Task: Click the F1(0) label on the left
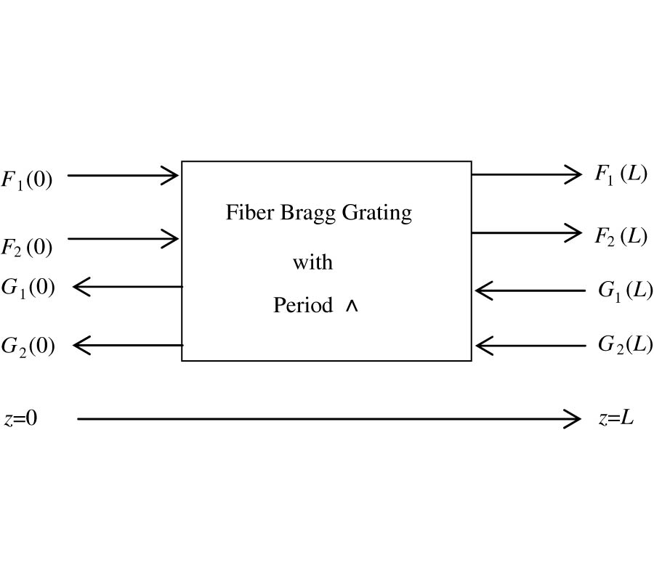tap(26, 179)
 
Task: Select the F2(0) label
tap(26, 247)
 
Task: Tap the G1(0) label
tap(28, 287)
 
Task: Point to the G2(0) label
tap(28, 346)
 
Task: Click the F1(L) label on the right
tap(621, 174)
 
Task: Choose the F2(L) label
tap(621, 236)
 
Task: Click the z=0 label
tap(20, 419)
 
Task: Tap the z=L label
tap(616, 418)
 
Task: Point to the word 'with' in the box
tap(312, 261)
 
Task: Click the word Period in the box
tap(303, 306)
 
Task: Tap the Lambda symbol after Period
tap(352, 306)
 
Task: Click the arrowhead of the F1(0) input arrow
tap(172, 175)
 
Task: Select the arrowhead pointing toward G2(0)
tap(80, 345)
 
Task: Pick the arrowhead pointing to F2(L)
tap(575, 233)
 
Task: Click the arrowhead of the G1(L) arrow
tap(482, 291)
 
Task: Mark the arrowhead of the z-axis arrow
tap(573, 419)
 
